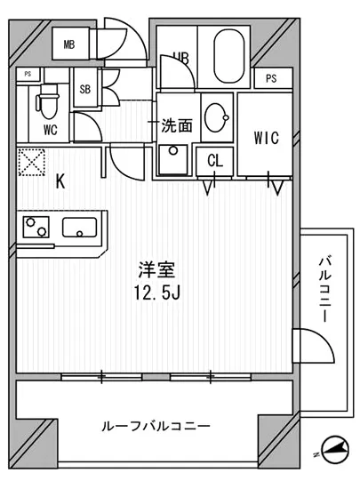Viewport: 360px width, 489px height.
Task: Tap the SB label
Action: pyautogui.click(x=85, y=89)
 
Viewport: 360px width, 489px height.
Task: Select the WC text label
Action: pyautogui.click(x=50, y=128)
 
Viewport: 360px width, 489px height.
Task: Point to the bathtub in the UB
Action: pyautogui.click(x=231, y=55)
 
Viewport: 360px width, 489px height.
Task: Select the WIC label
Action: pyautogui.click(x=267, y=138)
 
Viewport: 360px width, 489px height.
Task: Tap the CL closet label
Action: pyautogui.click(x=215, y=161)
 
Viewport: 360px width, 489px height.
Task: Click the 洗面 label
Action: pyautogui.click(x=176, y=126)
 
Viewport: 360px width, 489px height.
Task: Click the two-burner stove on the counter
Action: pyautogui.click(x=36, y=228)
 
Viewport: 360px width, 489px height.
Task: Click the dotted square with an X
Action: pyautogui.click(x=34, y=163)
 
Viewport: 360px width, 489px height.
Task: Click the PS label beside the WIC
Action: pyautogui.click(x=272, y=78)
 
